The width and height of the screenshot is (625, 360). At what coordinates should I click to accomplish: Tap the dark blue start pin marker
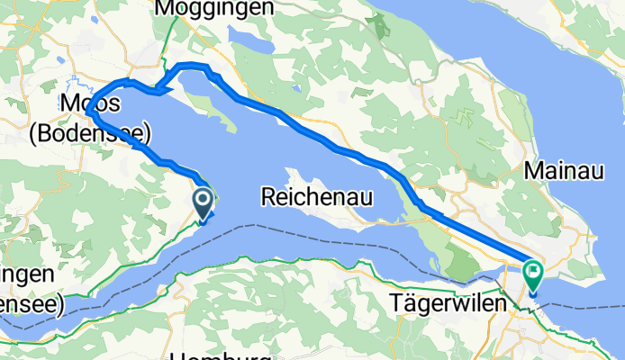(204, 202)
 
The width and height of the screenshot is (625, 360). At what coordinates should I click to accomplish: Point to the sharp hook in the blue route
(157, 89)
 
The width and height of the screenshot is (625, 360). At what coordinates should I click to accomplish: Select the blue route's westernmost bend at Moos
(90, 112)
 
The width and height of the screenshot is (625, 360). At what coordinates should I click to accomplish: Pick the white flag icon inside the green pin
(533, 269)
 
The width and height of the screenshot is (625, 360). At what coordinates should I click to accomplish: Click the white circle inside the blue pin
(204, 198)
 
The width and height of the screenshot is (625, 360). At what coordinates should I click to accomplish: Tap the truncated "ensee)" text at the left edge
(30, 304)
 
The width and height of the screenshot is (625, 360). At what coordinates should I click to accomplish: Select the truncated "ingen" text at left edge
(25, 274)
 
